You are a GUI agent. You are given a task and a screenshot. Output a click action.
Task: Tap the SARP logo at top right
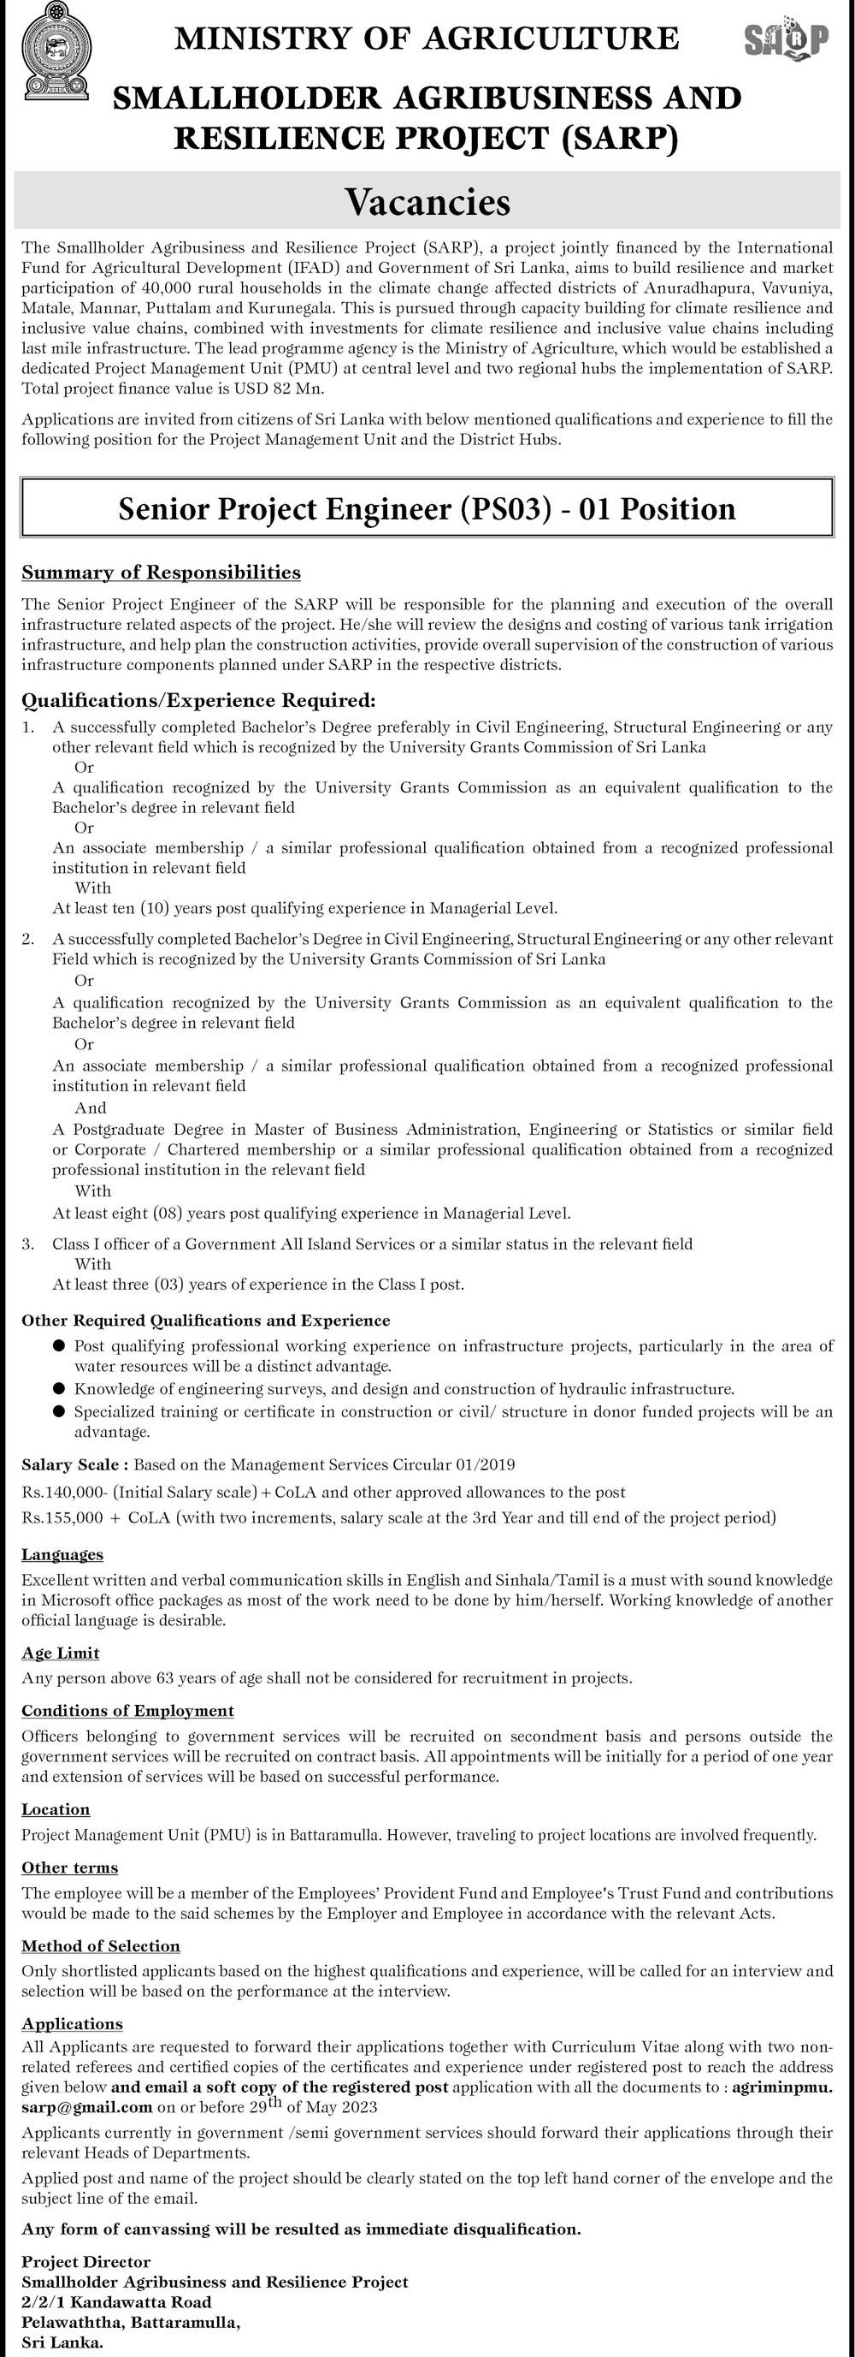coord(786,40)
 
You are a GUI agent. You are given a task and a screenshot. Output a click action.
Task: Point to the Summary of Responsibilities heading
coord(161,573)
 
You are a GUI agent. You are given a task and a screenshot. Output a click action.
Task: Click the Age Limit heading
coord(61,1653)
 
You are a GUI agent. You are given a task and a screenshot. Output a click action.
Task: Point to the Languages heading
coord(62,1553)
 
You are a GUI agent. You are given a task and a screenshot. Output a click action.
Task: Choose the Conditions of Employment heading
coord(128,1710)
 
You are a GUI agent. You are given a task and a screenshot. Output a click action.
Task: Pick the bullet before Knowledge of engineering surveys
coord(58,1388)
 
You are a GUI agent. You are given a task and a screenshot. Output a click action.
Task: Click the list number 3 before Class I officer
coord(28,1244)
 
